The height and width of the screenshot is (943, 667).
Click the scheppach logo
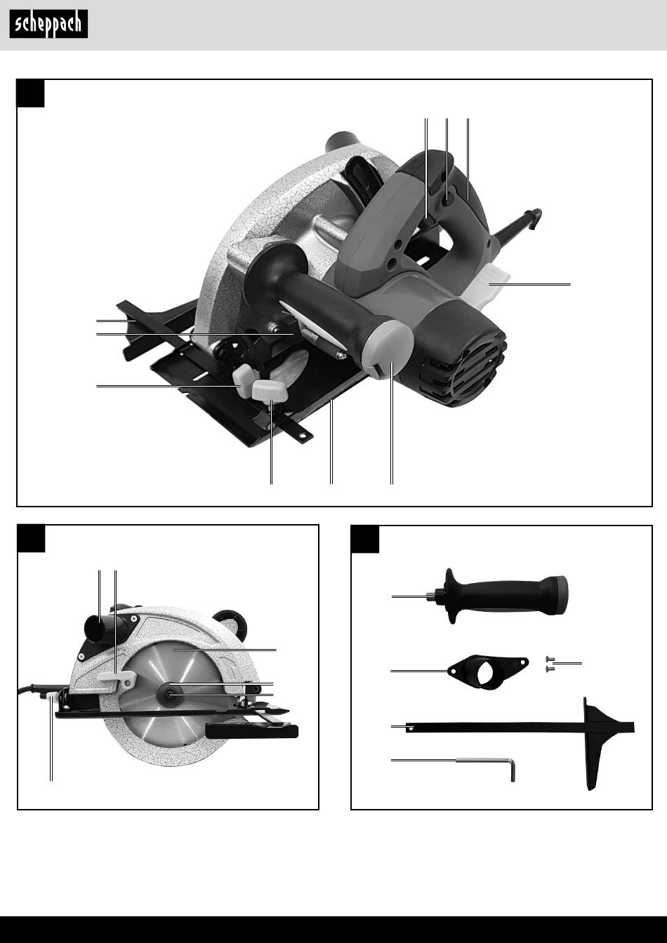pos(48,24)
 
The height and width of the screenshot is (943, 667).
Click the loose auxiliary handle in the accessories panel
pos(501,596)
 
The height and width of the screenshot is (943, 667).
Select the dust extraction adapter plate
pos(488,671)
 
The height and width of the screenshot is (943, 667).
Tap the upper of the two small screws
pos(550,659)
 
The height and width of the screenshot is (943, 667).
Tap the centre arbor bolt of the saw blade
pos(170,694)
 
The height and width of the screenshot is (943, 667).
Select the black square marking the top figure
pos(30,93)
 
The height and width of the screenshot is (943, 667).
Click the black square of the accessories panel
pos(365,539)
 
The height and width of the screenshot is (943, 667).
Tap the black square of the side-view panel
pos(31,538)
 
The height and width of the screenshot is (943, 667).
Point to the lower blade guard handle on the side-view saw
pos(251,731)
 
